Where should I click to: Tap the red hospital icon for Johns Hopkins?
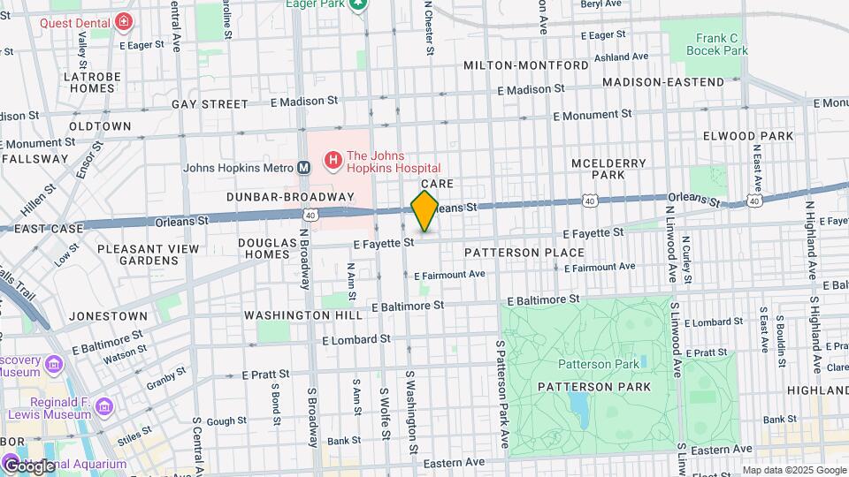[x=333, y=160]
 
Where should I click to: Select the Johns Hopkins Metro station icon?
[x=303, y=167]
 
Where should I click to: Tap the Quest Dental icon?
[x=124, y=20]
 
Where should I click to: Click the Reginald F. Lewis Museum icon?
[x=105, y=406]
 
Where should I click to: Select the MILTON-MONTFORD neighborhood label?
[x=526, y=66]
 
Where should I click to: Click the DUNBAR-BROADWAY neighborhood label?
[x=289, y=196]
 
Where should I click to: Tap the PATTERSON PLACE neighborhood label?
[x=524, y=253]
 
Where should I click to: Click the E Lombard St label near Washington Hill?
[x=356, y=339]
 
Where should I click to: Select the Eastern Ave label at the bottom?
[x=455, y=462]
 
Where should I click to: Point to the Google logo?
[x=28, y=466]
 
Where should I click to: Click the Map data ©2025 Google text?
[x=793, y=470]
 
